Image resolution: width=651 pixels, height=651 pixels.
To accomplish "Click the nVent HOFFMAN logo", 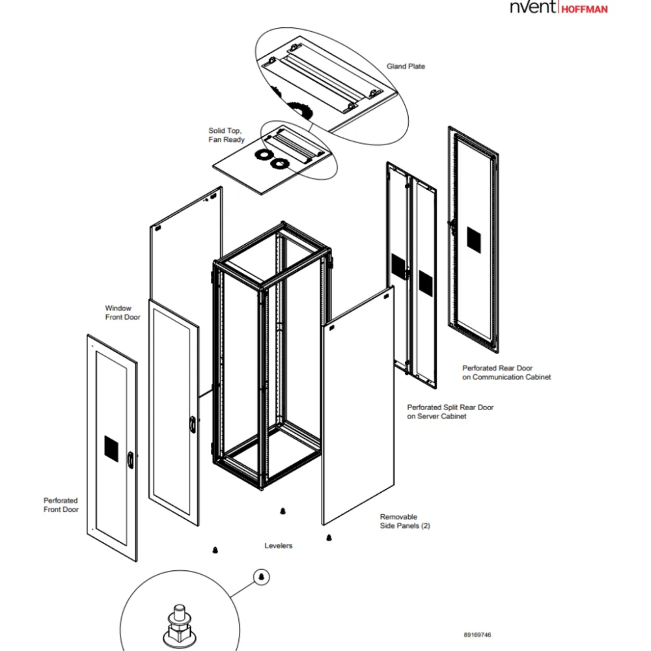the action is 559,7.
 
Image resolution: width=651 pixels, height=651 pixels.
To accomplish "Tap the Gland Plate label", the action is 406,66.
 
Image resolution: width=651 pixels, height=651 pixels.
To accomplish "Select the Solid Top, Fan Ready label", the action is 227,135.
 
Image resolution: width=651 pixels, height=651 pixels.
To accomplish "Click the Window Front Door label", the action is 122,312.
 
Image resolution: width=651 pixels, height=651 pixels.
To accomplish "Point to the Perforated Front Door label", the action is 61,505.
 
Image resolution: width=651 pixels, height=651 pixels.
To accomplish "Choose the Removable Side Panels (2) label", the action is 405,521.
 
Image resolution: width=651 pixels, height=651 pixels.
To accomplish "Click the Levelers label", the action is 278,546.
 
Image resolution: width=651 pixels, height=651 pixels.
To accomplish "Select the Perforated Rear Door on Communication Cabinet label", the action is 506,372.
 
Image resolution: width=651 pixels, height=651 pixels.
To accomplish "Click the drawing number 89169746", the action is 477,635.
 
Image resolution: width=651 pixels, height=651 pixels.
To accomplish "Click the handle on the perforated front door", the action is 130,460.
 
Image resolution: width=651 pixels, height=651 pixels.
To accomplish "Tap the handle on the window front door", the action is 193,424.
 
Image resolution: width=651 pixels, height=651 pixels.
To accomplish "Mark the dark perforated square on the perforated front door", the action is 111,449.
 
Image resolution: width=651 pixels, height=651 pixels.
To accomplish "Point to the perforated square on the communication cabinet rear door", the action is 474,240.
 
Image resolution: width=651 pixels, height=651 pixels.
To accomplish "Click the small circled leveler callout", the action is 262,577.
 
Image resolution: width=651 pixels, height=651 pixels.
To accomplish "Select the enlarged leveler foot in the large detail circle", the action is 179,625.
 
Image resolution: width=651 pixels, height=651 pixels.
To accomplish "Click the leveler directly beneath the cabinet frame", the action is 283,511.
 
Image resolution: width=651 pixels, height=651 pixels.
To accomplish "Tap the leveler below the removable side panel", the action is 329,538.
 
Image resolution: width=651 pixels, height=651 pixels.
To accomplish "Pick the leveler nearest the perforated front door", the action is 215,550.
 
